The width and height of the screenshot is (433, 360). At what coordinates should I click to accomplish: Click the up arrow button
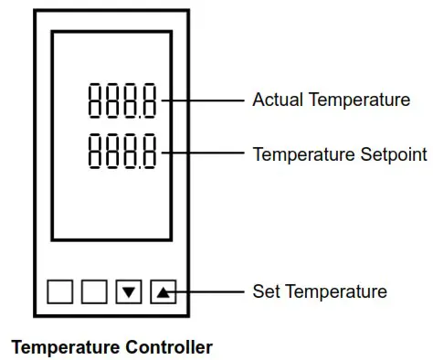click(x=163, y=292)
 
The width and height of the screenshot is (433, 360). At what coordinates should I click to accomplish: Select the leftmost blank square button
click(x=59, y=292)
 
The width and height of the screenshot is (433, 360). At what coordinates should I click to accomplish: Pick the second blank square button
click(x=94, y=292)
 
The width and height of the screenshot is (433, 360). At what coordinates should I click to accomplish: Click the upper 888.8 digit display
click(x=121, y=100)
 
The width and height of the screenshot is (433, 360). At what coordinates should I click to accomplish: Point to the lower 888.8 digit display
click(x=121, y=153)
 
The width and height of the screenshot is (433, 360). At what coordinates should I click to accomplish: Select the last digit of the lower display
click(x=147, y=153)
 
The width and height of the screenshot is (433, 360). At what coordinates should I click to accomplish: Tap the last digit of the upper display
click(x=147, y=100)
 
